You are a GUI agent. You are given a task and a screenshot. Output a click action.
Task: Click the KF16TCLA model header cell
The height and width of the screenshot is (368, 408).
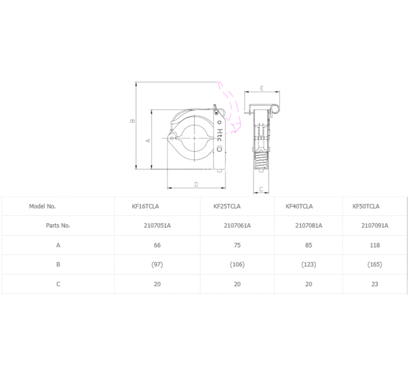pos(145,206)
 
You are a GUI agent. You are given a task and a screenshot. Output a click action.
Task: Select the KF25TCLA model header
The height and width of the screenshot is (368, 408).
pos(227,206)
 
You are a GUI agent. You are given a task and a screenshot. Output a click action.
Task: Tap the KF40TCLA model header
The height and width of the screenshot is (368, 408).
pos(299,206)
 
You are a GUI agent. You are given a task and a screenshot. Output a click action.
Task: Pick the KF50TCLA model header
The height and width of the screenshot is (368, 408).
pos(366,206)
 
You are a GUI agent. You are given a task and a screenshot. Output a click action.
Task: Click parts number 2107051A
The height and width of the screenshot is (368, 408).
pos(157,226)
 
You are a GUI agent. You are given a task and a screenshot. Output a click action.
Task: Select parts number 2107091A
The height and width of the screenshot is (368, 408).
pos(375,226)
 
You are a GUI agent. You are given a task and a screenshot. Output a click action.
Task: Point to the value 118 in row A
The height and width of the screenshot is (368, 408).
pos(375,245)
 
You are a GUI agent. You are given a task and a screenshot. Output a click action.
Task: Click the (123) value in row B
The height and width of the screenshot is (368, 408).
pos(308,265)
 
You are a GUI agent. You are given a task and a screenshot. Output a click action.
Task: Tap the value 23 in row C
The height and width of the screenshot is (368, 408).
pos(375,284)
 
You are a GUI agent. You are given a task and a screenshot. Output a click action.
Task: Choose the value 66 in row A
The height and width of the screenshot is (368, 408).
pos(157,245)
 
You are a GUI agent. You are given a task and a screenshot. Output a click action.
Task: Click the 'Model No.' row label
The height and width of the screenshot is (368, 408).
pos(42,206)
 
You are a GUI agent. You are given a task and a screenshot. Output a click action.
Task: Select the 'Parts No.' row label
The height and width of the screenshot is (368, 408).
pos(58,226)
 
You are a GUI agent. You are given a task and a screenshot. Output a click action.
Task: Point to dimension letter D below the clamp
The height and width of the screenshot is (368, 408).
pos(196,184)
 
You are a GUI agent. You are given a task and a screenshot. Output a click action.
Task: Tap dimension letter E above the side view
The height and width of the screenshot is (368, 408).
pos(262,88)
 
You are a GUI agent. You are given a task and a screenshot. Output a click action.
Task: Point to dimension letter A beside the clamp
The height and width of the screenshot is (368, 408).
pos(148,140)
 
